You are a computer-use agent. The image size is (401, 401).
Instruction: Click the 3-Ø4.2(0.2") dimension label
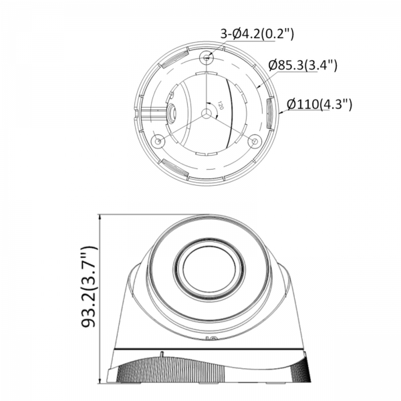tap(257, 34)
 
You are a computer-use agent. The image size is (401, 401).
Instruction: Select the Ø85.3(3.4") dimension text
tap(303, 65)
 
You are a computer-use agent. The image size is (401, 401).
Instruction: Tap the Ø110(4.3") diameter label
tap(319, 104)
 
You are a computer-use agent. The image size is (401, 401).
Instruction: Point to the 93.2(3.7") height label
tap(89, 287)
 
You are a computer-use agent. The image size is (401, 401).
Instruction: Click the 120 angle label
tap(221, 106)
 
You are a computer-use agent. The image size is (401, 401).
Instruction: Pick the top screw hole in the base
tap(207, 57)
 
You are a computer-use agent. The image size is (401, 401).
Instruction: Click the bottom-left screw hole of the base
tap(158, 140)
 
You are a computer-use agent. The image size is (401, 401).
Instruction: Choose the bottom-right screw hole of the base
tap(255, 140)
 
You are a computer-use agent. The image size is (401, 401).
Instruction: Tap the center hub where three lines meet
tap(207, 113)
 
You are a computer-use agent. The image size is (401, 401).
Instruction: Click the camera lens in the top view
tap(171, 112)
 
